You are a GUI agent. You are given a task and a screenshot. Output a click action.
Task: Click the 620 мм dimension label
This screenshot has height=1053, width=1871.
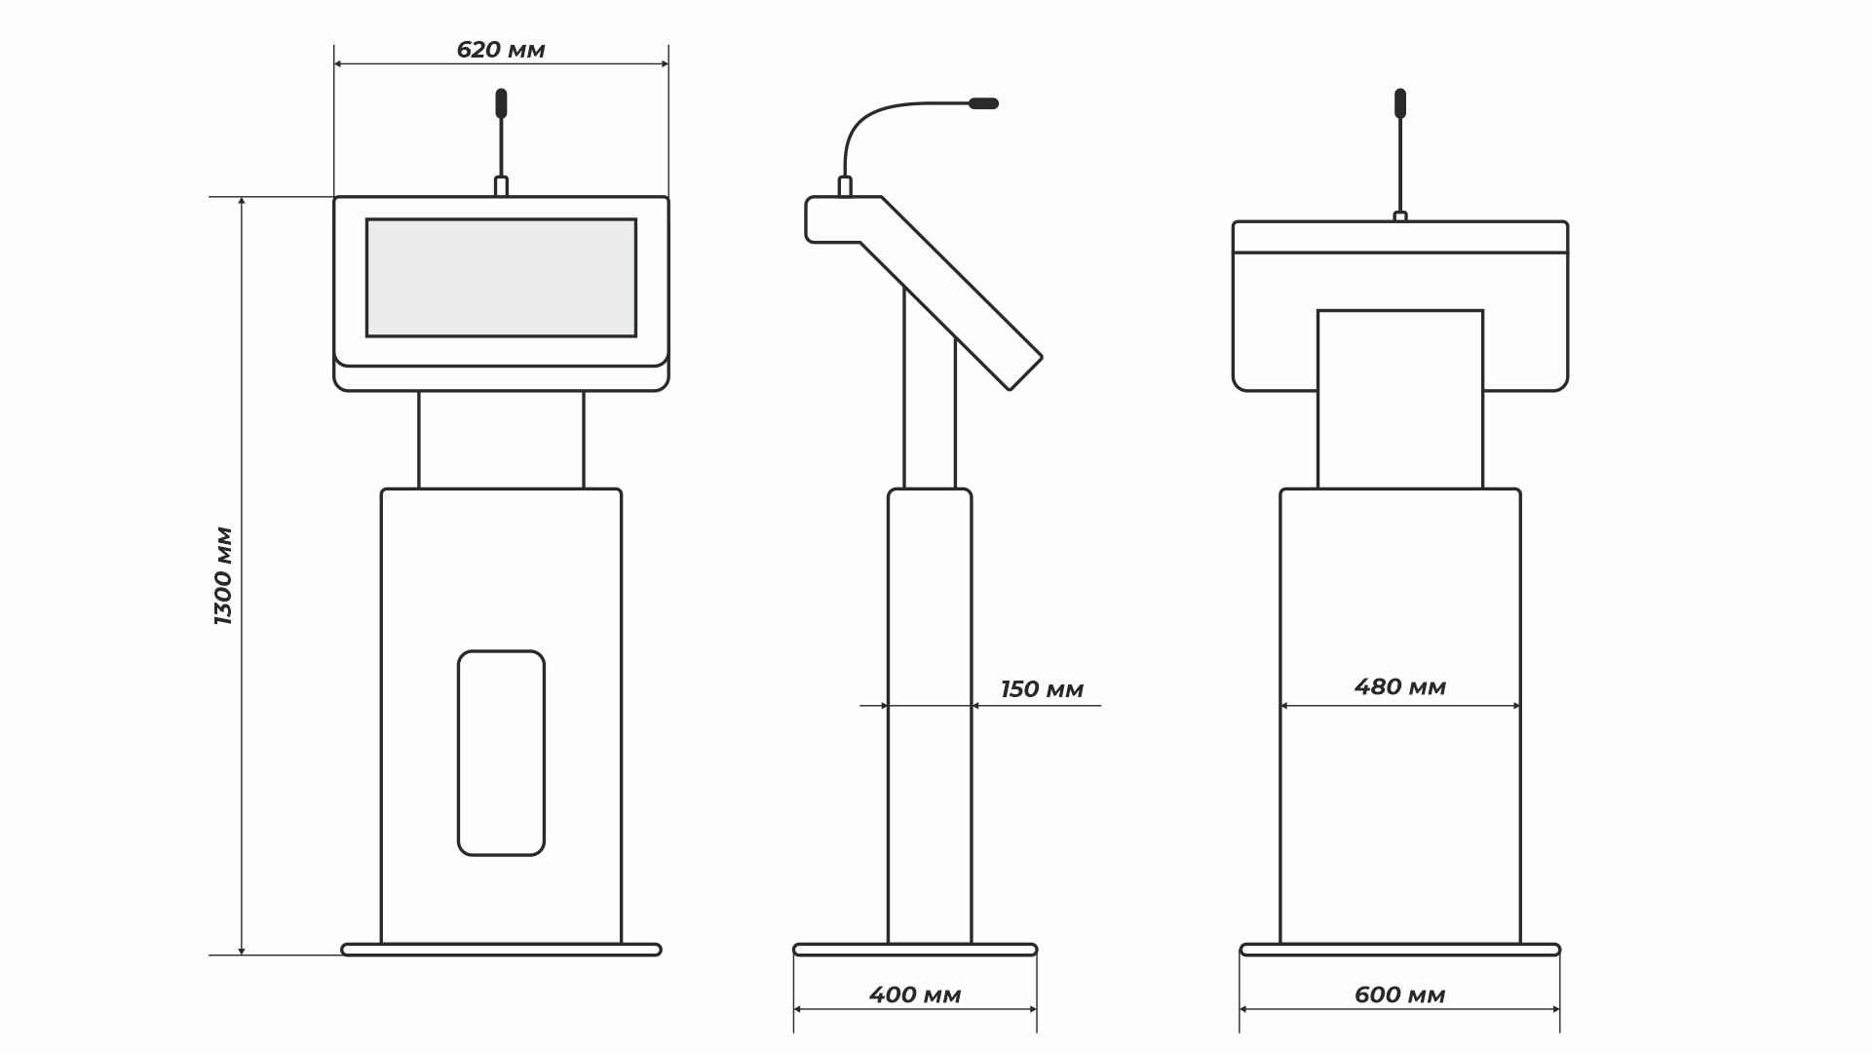(x=501, y=50)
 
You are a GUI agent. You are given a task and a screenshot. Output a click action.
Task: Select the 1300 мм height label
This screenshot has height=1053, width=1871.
(x=224, y=576)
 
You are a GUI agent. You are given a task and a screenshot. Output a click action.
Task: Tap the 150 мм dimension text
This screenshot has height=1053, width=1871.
(x=1042, y=689)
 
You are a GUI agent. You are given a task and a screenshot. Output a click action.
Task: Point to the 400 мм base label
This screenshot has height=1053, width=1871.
(x=915, y=994)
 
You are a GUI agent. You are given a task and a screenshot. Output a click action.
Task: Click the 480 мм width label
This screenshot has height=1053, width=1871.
(x=1400, y=686)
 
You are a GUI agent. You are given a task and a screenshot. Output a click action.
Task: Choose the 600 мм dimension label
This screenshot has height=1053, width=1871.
(x=1400, y=994)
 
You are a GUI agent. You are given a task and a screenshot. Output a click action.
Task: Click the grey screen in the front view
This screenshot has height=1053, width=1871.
(x=501, y=278)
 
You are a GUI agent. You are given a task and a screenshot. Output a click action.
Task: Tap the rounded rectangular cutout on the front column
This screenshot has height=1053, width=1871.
(x=501, y=753)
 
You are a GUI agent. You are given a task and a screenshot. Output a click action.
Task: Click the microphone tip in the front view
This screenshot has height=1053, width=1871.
(x=501, y=101)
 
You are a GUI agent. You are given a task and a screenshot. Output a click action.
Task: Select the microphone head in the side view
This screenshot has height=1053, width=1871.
(x=982, y=102)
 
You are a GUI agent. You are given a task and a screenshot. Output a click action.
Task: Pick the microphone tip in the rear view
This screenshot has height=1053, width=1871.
(x=1400, y=101)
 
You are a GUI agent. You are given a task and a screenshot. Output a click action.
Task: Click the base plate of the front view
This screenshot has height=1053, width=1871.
(x=501, y=950)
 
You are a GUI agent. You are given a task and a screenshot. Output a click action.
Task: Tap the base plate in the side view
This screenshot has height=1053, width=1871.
(x=915, y=950)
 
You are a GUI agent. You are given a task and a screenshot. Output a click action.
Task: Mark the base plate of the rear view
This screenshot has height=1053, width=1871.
(x=1400, y=950)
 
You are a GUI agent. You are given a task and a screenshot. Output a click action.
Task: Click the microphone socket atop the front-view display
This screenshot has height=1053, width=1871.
(x=501, y=186)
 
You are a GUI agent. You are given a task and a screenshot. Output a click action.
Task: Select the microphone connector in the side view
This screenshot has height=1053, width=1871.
(x=845, y=186)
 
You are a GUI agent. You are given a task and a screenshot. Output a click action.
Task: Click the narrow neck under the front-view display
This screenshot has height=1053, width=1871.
(x=501, y=440)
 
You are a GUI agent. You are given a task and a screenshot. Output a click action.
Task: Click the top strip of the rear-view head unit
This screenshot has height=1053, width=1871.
(x=1400, y=237)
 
